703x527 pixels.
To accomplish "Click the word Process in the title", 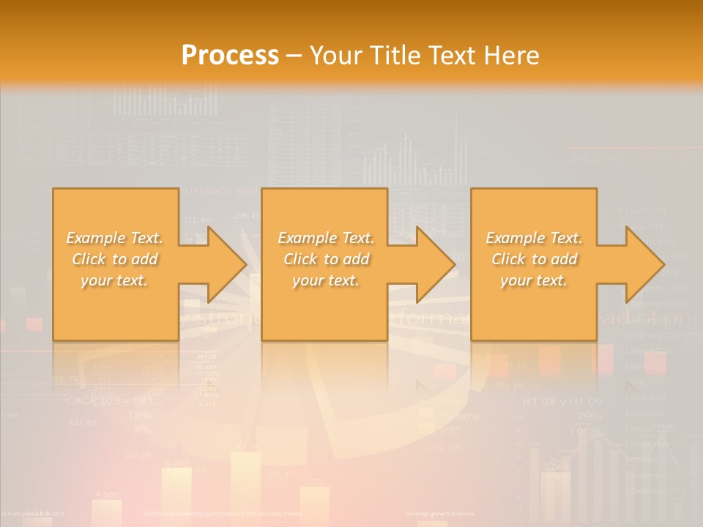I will (x=230, y=55).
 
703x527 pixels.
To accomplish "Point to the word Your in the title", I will (x=334, y=55).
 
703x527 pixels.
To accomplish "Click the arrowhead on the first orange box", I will (x=226, y=264).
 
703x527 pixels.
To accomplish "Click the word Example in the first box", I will (x=94, y=238).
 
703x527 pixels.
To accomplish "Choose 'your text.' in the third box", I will (x=534, y=280).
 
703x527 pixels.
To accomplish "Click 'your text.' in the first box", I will (x=115, y=280).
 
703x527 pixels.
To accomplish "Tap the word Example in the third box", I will (x=514, y=238).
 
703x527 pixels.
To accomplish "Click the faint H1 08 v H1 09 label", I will (x=562, y=402).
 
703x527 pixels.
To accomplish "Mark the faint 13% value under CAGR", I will (x=139, y=415).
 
